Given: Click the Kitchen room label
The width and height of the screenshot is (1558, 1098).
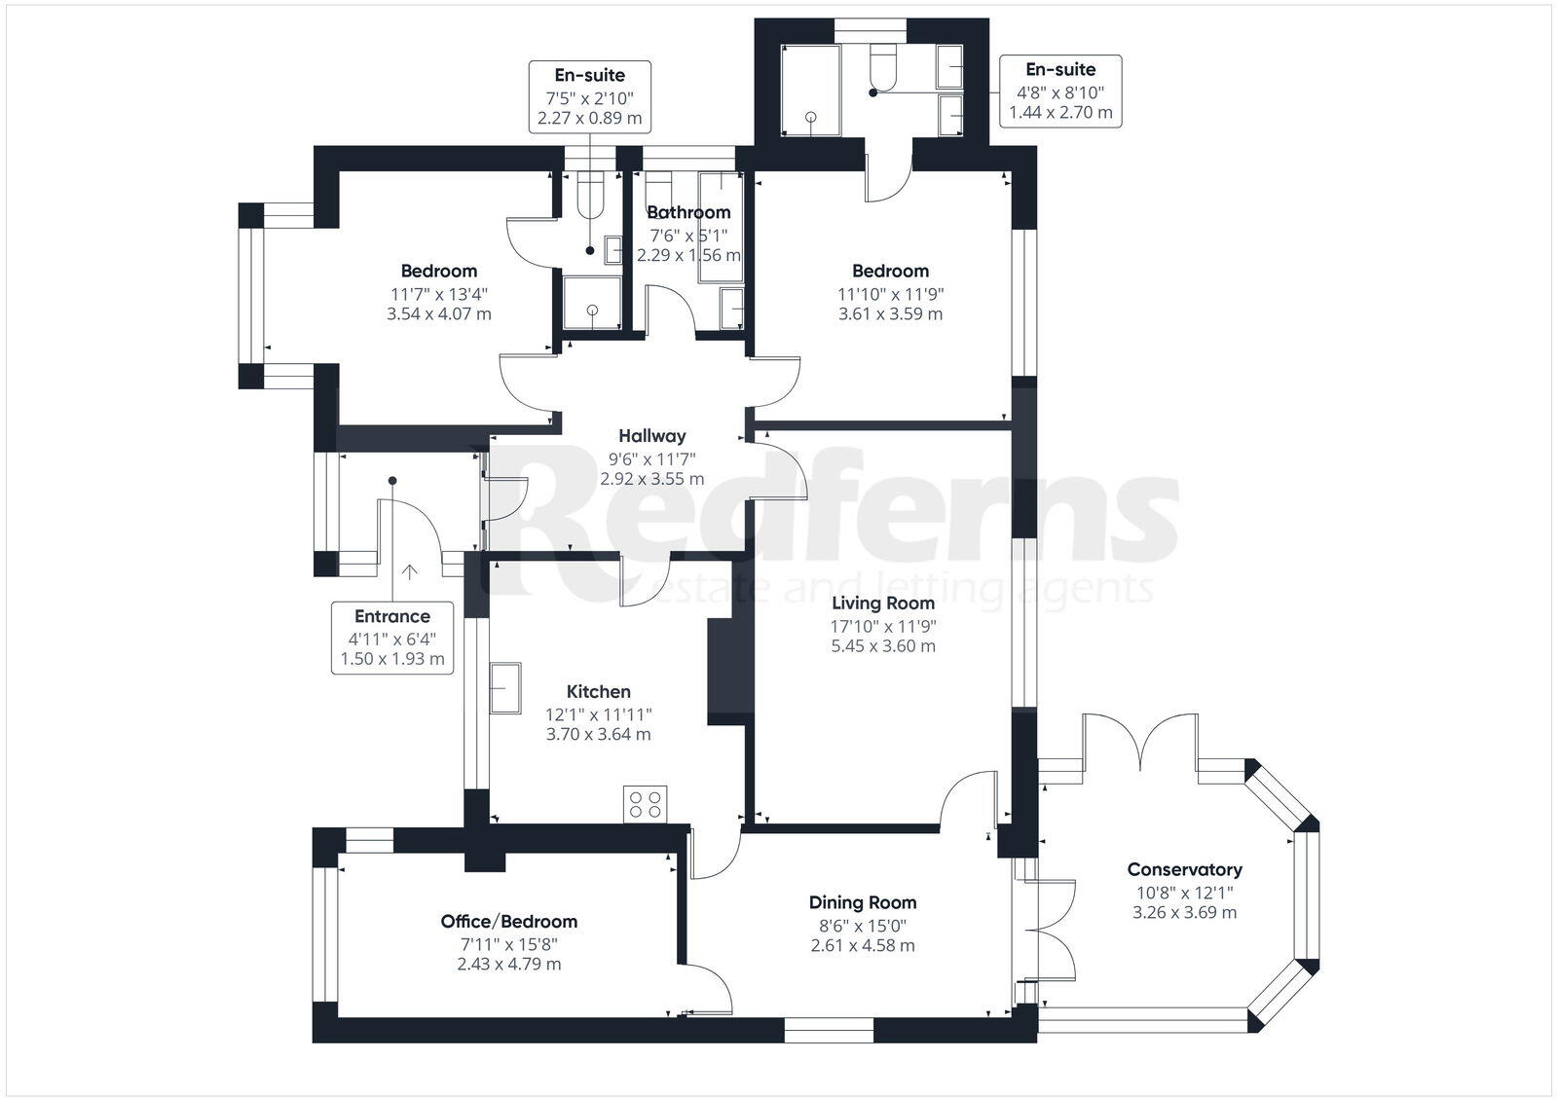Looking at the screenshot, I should point(598,692).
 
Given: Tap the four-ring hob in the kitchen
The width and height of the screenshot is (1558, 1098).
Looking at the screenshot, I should point(646,804).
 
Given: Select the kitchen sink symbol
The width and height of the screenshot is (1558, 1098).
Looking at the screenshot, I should point(505,688).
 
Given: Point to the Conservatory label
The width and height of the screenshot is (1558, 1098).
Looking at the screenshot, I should point(1184,870).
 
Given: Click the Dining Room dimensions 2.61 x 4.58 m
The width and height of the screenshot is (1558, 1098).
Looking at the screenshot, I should point(863,945).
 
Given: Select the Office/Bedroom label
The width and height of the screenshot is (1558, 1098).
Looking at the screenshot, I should point(508,922).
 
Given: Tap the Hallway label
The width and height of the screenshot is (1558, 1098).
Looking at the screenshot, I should point(652,436).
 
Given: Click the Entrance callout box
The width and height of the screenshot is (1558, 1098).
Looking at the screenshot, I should point(391,638).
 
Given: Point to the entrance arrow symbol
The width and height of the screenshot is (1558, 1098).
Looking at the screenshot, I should point(410,571).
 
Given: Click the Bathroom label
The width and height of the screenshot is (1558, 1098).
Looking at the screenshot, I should point(688,212).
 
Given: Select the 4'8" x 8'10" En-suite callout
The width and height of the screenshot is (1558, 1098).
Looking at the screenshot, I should point(1060,91).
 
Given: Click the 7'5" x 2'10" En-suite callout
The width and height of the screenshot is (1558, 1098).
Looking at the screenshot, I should point(590,96).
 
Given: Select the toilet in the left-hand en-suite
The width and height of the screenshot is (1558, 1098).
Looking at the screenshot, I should point(590,196).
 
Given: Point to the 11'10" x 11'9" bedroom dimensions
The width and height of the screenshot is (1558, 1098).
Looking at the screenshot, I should point(890,293).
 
